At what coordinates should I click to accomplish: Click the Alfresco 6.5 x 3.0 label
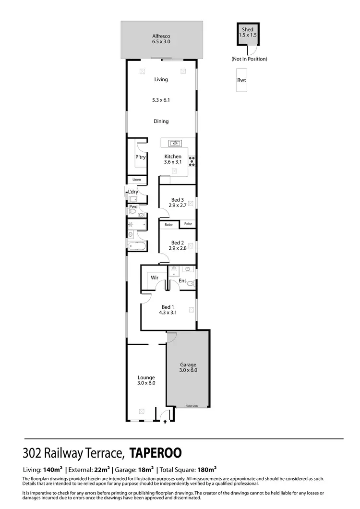tap(161, 39)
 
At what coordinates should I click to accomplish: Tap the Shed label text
tap(247, 30)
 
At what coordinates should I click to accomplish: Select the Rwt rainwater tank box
tap(241, 80)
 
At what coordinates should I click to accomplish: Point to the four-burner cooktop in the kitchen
tap(192, 161)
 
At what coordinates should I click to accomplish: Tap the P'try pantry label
tap(140, 157)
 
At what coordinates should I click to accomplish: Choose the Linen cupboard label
tap(137, 180)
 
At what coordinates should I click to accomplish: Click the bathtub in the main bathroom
tap(136, 246)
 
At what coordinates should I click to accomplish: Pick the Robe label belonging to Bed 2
tap(168, 224)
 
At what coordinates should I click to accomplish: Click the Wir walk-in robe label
tap(155, 278)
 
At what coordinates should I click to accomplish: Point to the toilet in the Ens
tap(191, 284)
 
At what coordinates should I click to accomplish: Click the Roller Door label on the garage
tap(192, 406)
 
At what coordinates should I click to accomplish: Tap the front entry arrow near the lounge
tap(166, 421)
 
